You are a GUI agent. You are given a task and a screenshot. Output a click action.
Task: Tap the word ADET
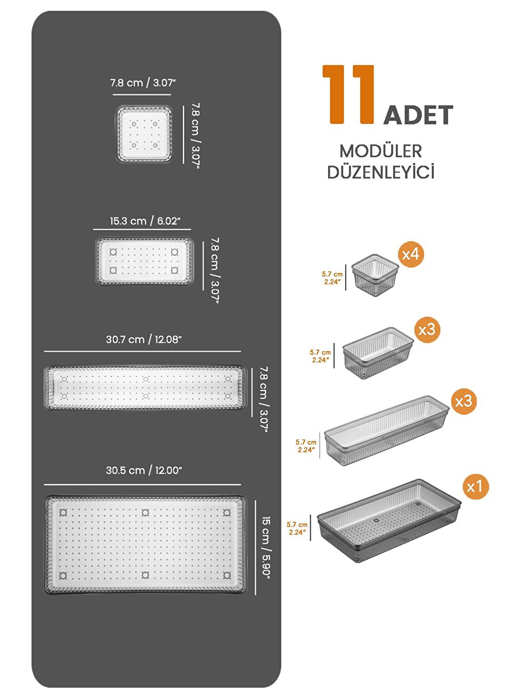(x=418, y=115)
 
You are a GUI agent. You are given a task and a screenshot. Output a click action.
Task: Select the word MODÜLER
(x=380, y=151)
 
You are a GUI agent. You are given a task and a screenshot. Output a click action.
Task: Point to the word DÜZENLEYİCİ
(x=380, y=172)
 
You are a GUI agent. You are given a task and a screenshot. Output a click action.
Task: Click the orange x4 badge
(x=411, y=254)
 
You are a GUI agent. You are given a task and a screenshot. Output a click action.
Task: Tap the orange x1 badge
(x=475, y=486)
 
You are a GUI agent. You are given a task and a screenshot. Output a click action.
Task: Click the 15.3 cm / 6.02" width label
(x=145, y=221)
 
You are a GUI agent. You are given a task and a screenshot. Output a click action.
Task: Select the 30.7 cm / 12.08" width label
(x=144, y=339)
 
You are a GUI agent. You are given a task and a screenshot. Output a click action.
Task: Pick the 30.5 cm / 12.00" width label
(x=144, y=470)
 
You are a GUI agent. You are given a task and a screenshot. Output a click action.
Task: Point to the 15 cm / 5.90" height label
(x=266, y=546)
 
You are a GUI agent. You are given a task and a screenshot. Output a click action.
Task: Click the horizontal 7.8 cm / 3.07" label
(x=143, y=83)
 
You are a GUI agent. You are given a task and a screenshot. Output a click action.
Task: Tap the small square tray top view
(x=144, y=134)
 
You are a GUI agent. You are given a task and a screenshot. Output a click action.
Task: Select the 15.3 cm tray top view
(x=144, y=261)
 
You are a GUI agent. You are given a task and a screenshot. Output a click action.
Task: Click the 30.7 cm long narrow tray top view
(x=146, y=387)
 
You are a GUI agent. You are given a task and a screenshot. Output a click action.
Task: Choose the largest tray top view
(x=146, y=544)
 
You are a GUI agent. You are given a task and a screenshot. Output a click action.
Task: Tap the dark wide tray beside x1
(x=388, y=520)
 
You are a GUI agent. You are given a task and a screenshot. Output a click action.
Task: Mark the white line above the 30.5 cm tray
(x=143, y=484)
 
